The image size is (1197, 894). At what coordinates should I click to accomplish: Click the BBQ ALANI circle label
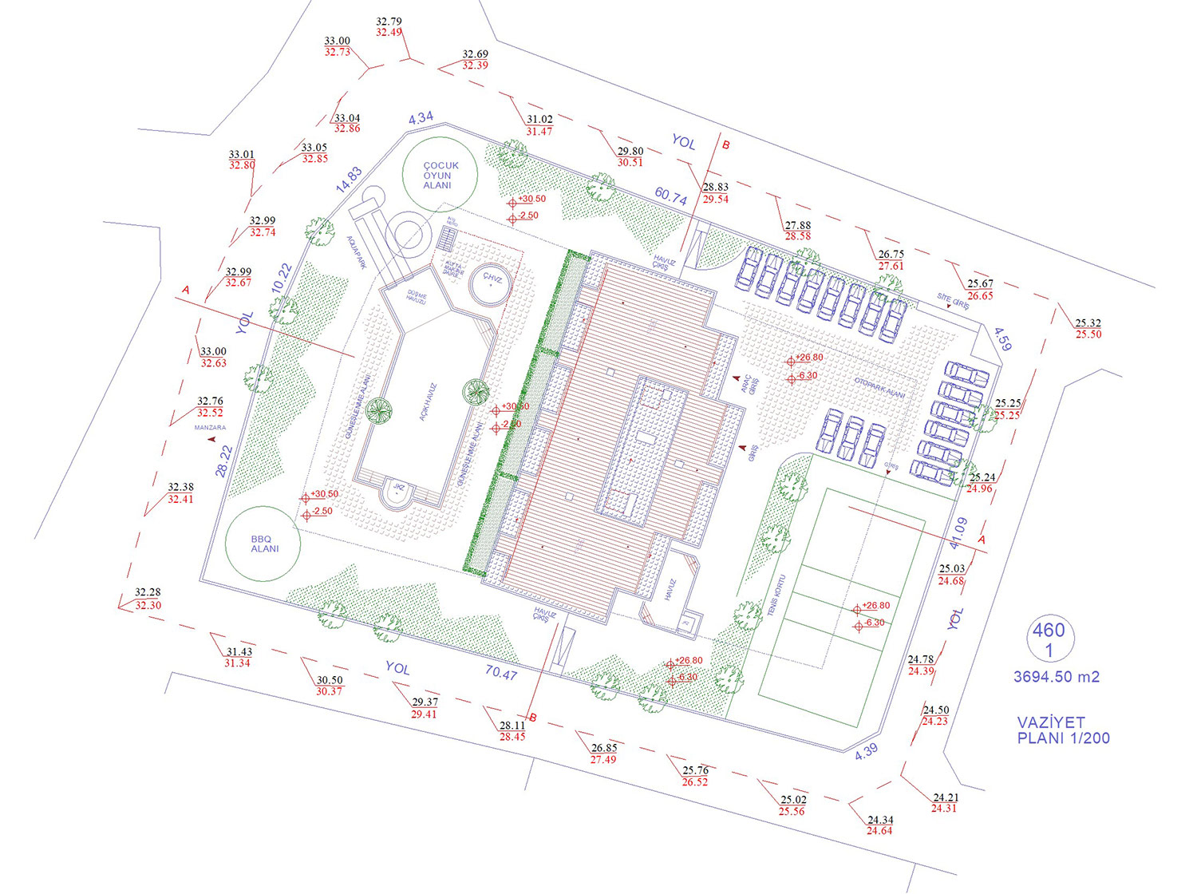(x=264, y=544)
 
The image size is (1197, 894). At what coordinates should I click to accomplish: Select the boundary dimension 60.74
(x=671, y=196)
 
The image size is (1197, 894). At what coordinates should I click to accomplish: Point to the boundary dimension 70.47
(x=501, y=673)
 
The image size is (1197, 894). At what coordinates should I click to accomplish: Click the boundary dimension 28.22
(x=224, y=461)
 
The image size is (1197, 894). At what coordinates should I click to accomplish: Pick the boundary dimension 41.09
(x=958, y=533)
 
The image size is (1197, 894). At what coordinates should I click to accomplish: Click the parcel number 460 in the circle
(x=1049, y=631)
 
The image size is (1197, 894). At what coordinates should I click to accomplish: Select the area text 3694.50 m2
(x=1057, y=677)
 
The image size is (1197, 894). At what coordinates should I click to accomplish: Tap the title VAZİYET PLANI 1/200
(x=1062, y=730)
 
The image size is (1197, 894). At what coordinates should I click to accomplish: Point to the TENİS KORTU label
(x=777, y=595)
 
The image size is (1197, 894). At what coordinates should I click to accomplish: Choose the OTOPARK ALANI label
(x=879, y=388)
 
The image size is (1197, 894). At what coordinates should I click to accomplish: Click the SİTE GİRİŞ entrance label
(x=954, y=301)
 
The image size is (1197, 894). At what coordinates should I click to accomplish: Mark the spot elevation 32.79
(x=389, y=22)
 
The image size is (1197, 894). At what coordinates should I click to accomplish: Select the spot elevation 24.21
(x=946, y=797)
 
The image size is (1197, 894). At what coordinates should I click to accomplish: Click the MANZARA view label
(x=210, y=428)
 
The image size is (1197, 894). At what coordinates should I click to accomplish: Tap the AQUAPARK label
(x=356, y=251)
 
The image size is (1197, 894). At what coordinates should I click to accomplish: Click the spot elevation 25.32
(x=1088, y=323)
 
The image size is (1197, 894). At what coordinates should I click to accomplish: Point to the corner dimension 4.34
(x=421, y=118)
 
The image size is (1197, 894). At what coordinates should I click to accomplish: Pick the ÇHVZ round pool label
(x=492, y=279)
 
